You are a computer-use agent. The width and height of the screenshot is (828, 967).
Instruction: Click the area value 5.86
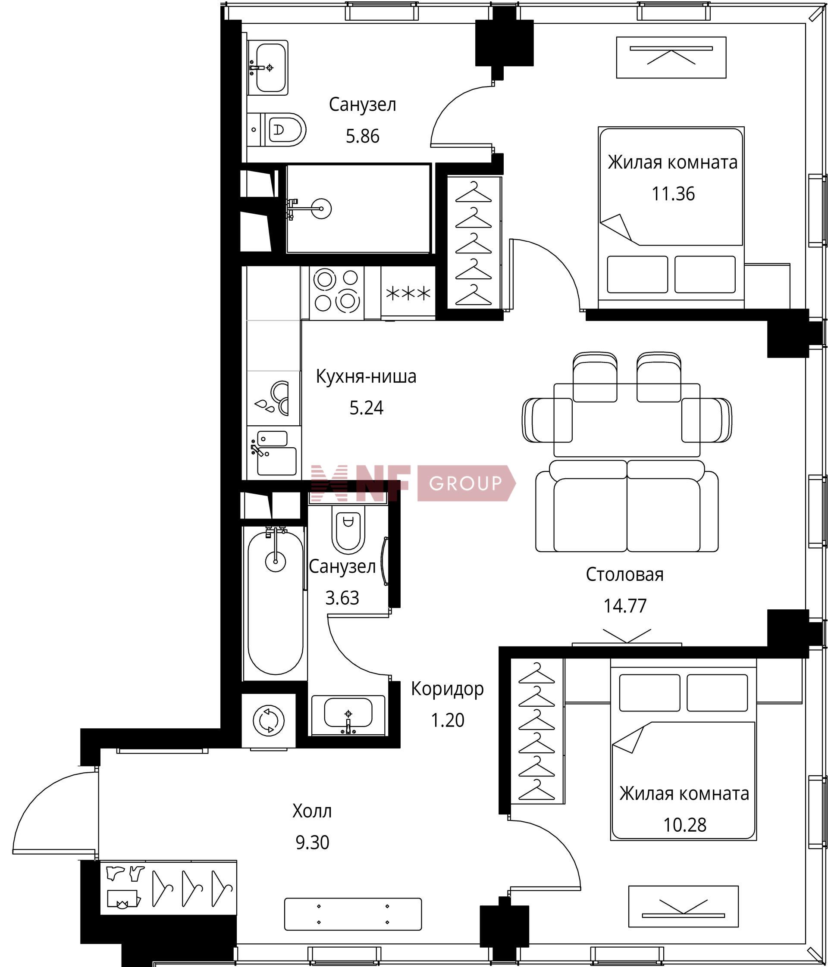[x=362, y=136]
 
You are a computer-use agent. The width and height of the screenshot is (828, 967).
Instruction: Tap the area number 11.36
[x=673, y=193]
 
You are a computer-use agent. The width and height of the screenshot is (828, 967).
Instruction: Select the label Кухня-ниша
[x=366, y=376]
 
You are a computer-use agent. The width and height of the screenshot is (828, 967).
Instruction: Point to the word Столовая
[x=625, y=574]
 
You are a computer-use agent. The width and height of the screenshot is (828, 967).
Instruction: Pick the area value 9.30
[x=312, y=842]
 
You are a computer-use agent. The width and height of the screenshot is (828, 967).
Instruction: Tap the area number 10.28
[x=685, y=825]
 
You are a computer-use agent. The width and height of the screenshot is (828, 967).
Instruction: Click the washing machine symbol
[x=269, y=720]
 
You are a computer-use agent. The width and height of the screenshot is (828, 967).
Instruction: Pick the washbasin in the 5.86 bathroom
[x=267, y=68]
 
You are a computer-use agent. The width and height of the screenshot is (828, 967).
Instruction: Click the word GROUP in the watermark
[x=465, y=483]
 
